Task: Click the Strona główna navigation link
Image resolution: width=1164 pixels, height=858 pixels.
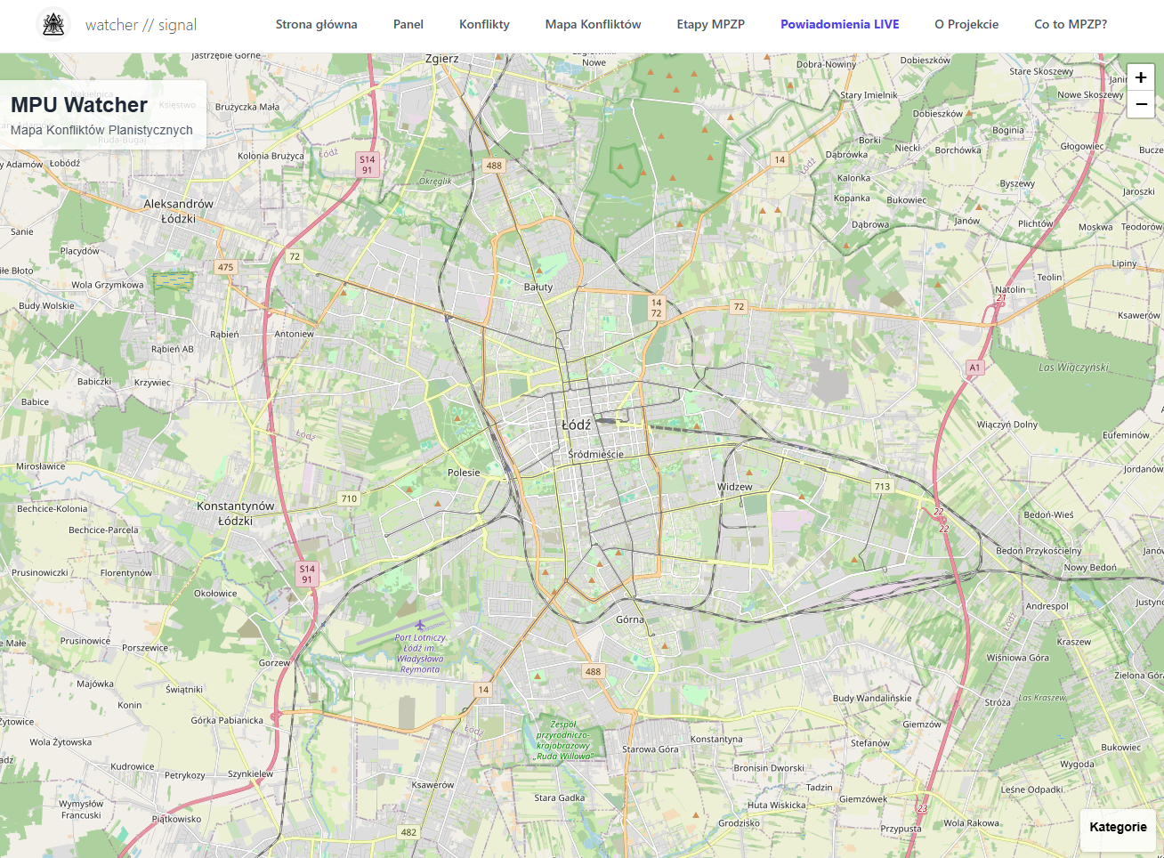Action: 316,24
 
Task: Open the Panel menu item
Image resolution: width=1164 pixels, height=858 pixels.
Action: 408,24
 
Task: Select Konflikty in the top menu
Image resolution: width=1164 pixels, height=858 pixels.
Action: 484,24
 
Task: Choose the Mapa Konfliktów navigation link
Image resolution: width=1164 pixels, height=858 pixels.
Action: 593,24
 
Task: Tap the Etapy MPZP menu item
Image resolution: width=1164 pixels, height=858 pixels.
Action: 710,24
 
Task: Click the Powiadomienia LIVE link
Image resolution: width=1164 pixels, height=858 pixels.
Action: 839,24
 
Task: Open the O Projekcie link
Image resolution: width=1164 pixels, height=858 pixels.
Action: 966,24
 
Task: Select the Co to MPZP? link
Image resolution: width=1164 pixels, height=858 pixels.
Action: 1071,24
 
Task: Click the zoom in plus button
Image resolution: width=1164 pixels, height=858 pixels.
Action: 1141,77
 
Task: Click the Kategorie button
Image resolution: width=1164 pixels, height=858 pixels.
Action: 1118,827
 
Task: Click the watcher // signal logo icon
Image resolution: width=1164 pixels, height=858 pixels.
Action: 53,24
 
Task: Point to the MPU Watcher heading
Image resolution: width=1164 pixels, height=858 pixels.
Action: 79,105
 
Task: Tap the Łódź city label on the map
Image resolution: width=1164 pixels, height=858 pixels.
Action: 576,425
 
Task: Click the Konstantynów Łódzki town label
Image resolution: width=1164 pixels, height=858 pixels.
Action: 236,514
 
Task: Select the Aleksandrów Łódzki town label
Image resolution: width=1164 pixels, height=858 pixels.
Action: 179,211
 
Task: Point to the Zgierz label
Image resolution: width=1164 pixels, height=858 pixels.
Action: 442,59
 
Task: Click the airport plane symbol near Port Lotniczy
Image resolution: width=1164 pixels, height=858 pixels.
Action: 420,625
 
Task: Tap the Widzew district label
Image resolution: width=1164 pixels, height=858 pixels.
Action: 734,487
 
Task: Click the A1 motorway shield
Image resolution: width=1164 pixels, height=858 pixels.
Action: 974,367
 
